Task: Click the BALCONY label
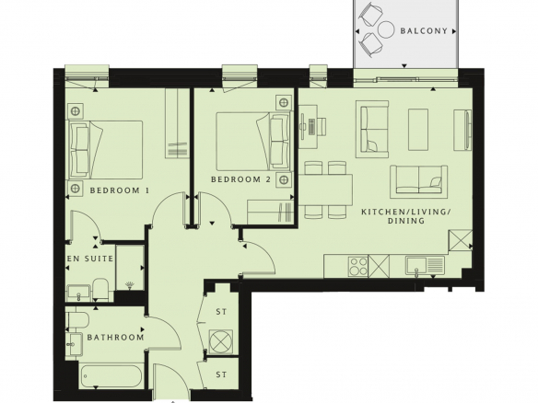click(424, 31)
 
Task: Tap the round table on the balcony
click(386, 29)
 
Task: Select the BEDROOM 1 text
click(120, 190)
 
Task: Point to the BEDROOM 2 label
click(240, 179)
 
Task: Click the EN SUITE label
click(90, 259)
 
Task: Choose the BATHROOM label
click(116, 338)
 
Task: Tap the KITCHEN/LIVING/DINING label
click(406, 216)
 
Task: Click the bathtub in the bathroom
click(111, 376)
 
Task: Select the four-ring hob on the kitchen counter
click(357, 266)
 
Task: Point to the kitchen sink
click(425, 266)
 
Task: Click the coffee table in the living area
click(418, 130)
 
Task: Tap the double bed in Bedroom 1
click(106, 150)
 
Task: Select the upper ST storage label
click(221, 312)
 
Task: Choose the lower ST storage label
click(221, 374)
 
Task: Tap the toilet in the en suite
click(100, 289)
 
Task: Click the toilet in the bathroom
click(78, 318)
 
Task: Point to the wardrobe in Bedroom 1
click(178, 123)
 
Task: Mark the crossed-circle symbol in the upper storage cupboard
click(221, 341)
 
